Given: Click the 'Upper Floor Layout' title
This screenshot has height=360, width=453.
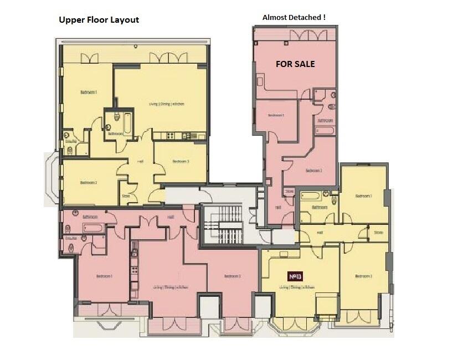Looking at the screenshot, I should [x=99, y=20].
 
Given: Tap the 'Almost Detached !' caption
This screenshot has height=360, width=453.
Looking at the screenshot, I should [x=294, y=17].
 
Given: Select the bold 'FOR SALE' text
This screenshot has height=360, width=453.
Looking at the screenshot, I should [x=295, y=64].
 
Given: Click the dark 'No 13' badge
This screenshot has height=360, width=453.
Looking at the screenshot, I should [x=295, y=275].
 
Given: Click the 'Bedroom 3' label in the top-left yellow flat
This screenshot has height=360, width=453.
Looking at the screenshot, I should [x=181, y=161].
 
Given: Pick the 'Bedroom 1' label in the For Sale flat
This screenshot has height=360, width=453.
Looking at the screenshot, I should [x=276, y=115].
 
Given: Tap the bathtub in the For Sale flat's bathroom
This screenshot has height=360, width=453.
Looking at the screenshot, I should [x=325, y=131].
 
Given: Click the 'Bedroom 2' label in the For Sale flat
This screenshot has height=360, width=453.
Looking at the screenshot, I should [x=313, y=171].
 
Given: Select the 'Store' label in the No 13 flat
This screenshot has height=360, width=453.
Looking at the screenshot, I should [x=378, y=233].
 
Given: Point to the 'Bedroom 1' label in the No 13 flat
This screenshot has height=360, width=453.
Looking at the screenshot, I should [x=363, y=196].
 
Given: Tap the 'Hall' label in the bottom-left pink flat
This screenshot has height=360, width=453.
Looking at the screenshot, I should [x=171, y=218].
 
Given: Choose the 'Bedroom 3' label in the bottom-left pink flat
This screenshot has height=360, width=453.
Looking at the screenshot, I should [x=233, y=276].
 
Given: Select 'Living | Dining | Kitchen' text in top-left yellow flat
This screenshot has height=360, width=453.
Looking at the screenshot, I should [x=166, y=104].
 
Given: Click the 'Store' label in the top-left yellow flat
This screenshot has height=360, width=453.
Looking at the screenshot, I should [x=126, y=196].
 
